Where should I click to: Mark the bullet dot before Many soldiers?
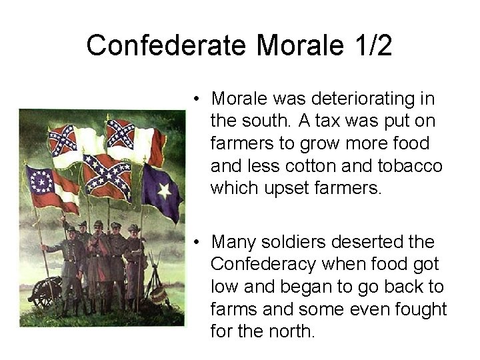point(198,242)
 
